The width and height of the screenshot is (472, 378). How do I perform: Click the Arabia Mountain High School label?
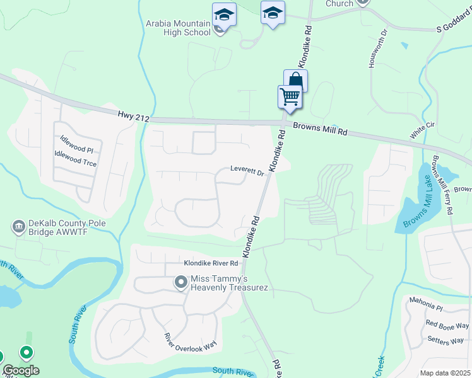(x=179, y=28)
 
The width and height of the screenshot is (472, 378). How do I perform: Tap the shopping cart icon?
(x=290, y=96)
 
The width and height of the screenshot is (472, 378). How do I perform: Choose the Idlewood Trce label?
(x=76, y=159)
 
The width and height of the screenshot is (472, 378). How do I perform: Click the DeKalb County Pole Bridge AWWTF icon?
(x=18, y=226)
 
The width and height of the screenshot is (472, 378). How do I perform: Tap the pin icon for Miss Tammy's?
(x=181, y=282)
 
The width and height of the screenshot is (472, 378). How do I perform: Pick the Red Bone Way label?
(x=447, y=325)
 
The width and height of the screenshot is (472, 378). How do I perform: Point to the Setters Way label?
(x=445, y=341)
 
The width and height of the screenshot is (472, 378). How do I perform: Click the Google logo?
(x=21, y=370)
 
